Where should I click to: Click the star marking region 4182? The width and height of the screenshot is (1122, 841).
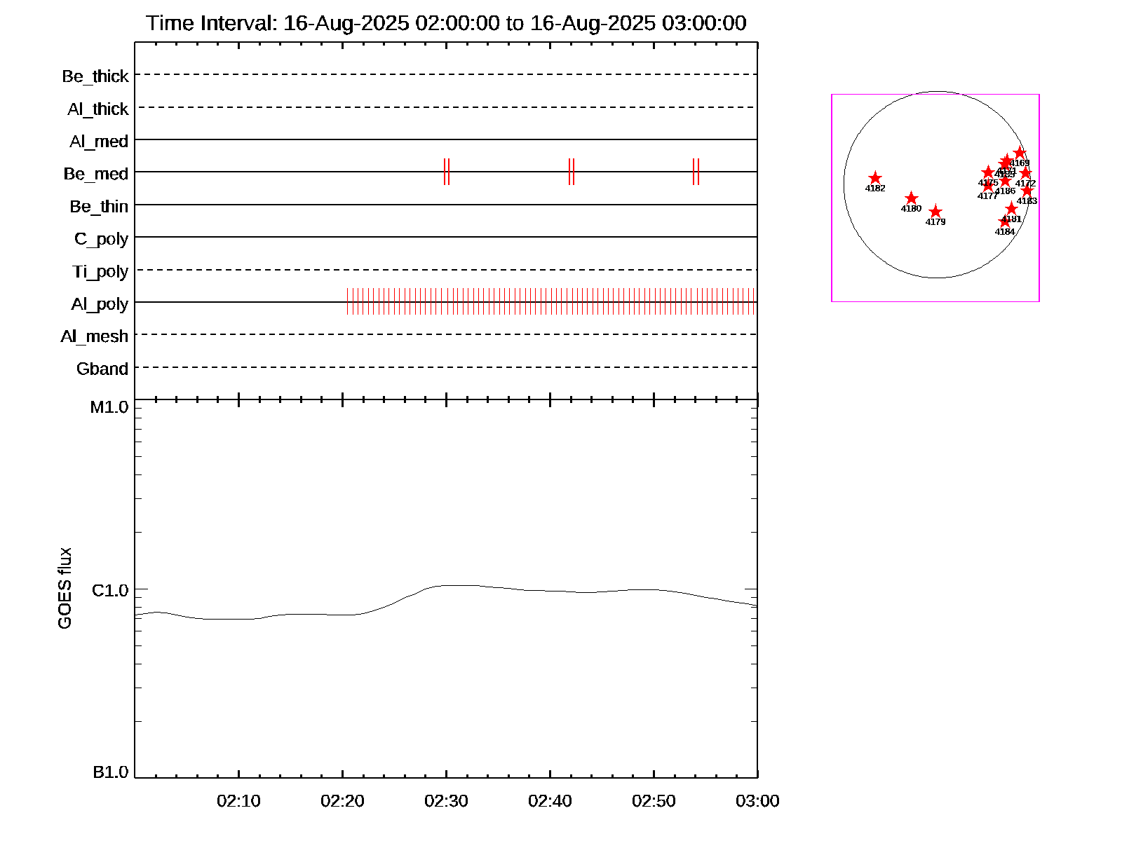point(875,178)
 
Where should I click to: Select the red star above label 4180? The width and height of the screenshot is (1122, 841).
point(911,198)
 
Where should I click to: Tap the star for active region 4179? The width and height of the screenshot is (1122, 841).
point(935,212)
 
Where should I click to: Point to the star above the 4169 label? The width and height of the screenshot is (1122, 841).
point(1020,153)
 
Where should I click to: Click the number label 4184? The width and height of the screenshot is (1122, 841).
point(1005,232)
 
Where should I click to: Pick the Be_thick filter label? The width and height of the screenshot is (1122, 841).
point(95,76)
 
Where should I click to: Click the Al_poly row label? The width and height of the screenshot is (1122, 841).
point(100,304)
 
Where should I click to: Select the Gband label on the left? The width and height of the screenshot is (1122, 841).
point(102,369)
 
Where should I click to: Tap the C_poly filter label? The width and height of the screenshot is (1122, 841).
point(101,239)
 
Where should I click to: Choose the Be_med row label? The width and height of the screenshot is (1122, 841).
point(96,174)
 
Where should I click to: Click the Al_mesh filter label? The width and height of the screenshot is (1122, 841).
point(95,336)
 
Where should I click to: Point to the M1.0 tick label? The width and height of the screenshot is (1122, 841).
point(109,407)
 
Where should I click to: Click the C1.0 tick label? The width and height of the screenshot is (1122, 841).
point(110,591)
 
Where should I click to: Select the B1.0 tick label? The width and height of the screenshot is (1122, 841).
point(110,772)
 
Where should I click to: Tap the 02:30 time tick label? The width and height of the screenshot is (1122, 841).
point(446,801)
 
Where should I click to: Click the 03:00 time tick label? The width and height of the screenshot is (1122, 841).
point(757,801)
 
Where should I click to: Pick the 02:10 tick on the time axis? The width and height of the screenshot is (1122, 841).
point(238,801)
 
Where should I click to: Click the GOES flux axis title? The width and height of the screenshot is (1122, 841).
point(65,589)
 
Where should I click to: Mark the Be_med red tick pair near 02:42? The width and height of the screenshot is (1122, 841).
point(572,172)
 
